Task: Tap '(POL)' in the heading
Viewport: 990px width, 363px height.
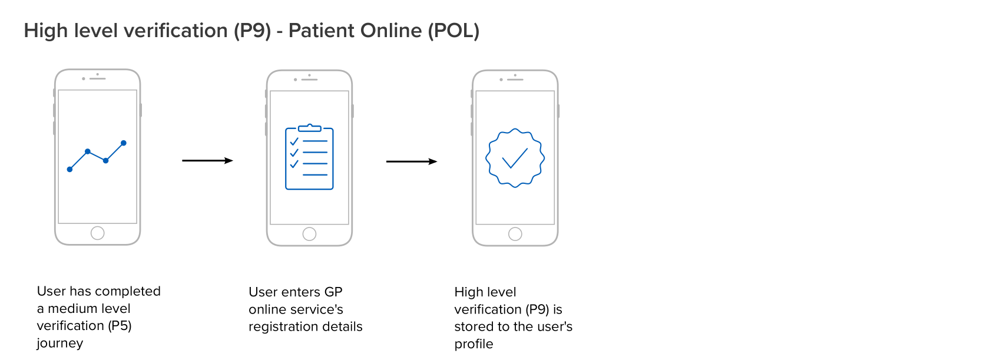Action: [x=453, y=31]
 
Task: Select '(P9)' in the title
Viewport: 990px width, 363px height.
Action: [x=252, y=31]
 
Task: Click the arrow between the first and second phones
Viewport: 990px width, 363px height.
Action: [x=207, y=160]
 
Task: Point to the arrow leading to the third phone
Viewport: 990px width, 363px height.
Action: [x=412, y=161]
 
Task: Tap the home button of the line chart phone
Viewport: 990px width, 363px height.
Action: [x=98, y=233]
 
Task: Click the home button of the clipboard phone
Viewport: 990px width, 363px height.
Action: [x=309, y=234]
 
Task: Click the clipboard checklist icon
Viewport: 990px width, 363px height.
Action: [x=309, y=157]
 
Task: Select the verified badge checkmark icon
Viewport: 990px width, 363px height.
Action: [x=515, y=158]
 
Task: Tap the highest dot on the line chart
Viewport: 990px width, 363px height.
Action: [x=124, y=143]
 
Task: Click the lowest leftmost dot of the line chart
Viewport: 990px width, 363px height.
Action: [x=70, y=169]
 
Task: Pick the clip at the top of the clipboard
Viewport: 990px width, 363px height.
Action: [x=309, y=128]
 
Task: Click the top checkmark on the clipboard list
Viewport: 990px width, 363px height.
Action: [x=294, y=141]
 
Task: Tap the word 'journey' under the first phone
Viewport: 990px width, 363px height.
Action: [x=60, y=343]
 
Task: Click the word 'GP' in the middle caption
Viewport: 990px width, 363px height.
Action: [x=333, y=292]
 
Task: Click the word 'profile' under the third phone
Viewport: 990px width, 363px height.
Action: [x=474, y=344]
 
